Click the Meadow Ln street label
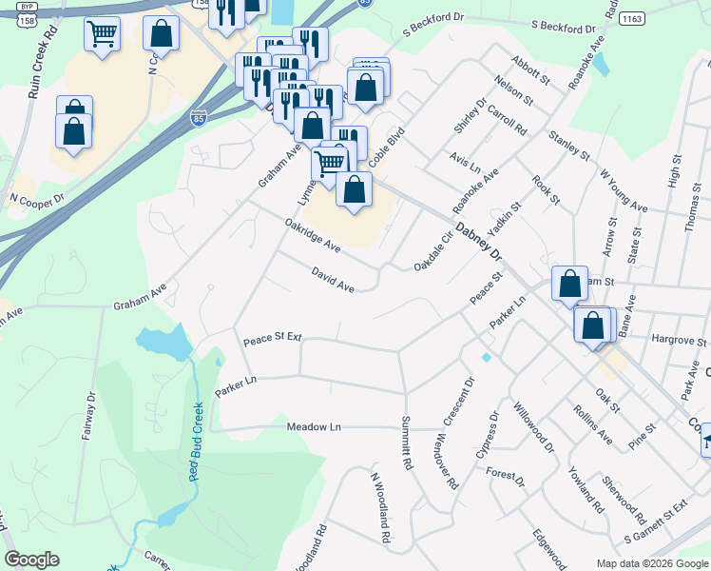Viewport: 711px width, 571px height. point(314,427)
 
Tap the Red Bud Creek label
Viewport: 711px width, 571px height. point(199,441)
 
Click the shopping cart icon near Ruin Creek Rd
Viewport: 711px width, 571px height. point(102,35)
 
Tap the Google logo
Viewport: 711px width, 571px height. point(31,560)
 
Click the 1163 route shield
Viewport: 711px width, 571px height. point(633,18)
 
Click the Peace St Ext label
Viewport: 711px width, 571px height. point(272,339)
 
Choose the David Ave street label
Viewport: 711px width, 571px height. point(333,280)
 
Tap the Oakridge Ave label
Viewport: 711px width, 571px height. point(312,234)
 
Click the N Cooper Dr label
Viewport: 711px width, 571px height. point(37,199)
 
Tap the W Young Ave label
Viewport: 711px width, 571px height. point(624,191)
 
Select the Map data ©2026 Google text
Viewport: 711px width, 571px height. point(651,563)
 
